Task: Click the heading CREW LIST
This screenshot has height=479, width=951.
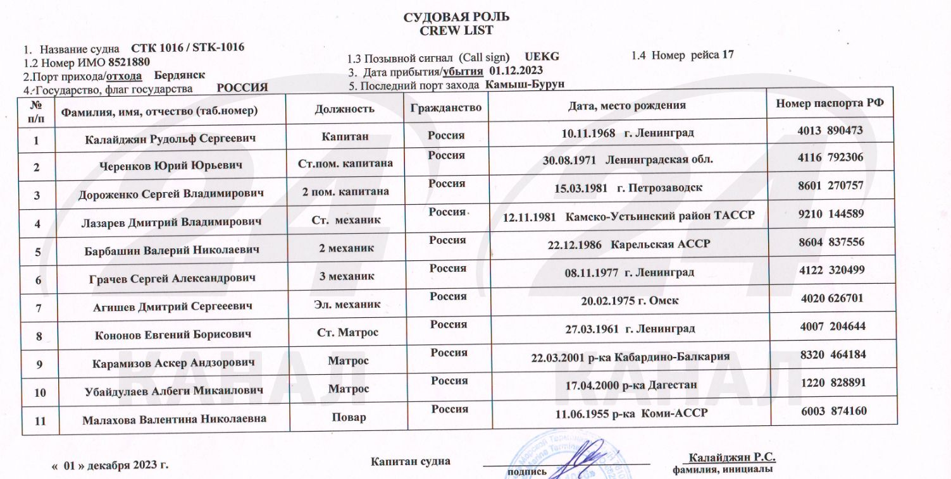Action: [x=456, y=30]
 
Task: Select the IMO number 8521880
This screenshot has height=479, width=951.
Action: [x=129, y=62]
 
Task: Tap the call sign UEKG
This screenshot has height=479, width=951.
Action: [x=542, y=56]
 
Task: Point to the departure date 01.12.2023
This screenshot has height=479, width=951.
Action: [x=516, y=70]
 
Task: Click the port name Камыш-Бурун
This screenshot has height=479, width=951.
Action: [x=525, y=84]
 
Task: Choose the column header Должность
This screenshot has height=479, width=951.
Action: [x=344, y=109]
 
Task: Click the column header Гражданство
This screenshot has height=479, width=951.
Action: [x=445, y=108]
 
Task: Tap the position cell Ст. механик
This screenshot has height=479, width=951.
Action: [x=346, y=220]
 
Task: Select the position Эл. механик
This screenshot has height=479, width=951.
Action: [x=347, y=304]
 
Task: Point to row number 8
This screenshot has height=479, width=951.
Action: [x=39, y=336]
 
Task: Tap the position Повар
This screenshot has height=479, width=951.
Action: [x=349, y=417]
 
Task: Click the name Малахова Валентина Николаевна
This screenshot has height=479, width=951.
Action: [x=174, y=418]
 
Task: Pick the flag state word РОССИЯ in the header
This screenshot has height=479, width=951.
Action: [x=242, y=87]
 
